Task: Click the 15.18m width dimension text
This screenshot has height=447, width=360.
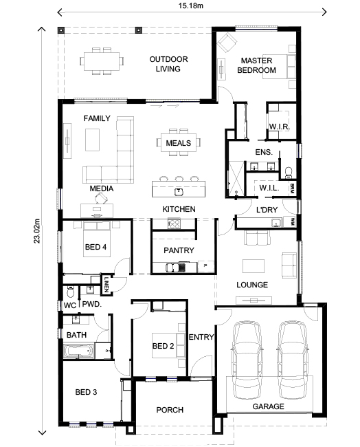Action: click(193, 7)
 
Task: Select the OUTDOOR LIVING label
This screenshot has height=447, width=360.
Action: click(168, 64)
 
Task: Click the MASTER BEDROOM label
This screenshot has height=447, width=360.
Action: click(257, 65)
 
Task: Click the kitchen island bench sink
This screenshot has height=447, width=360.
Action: click(179, 190)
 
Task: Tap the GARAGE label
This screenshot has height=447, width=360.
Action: click(268, 406)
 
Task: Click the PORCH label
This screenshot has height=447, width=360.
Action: click(170, 410)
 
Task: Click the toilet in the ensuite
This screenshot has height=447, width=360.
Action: click(289, 169)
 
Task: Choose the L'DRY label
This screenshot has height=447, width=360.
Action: click(267, 209)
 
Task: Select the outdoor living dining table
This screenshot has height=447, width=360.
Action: click(102, 61)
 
